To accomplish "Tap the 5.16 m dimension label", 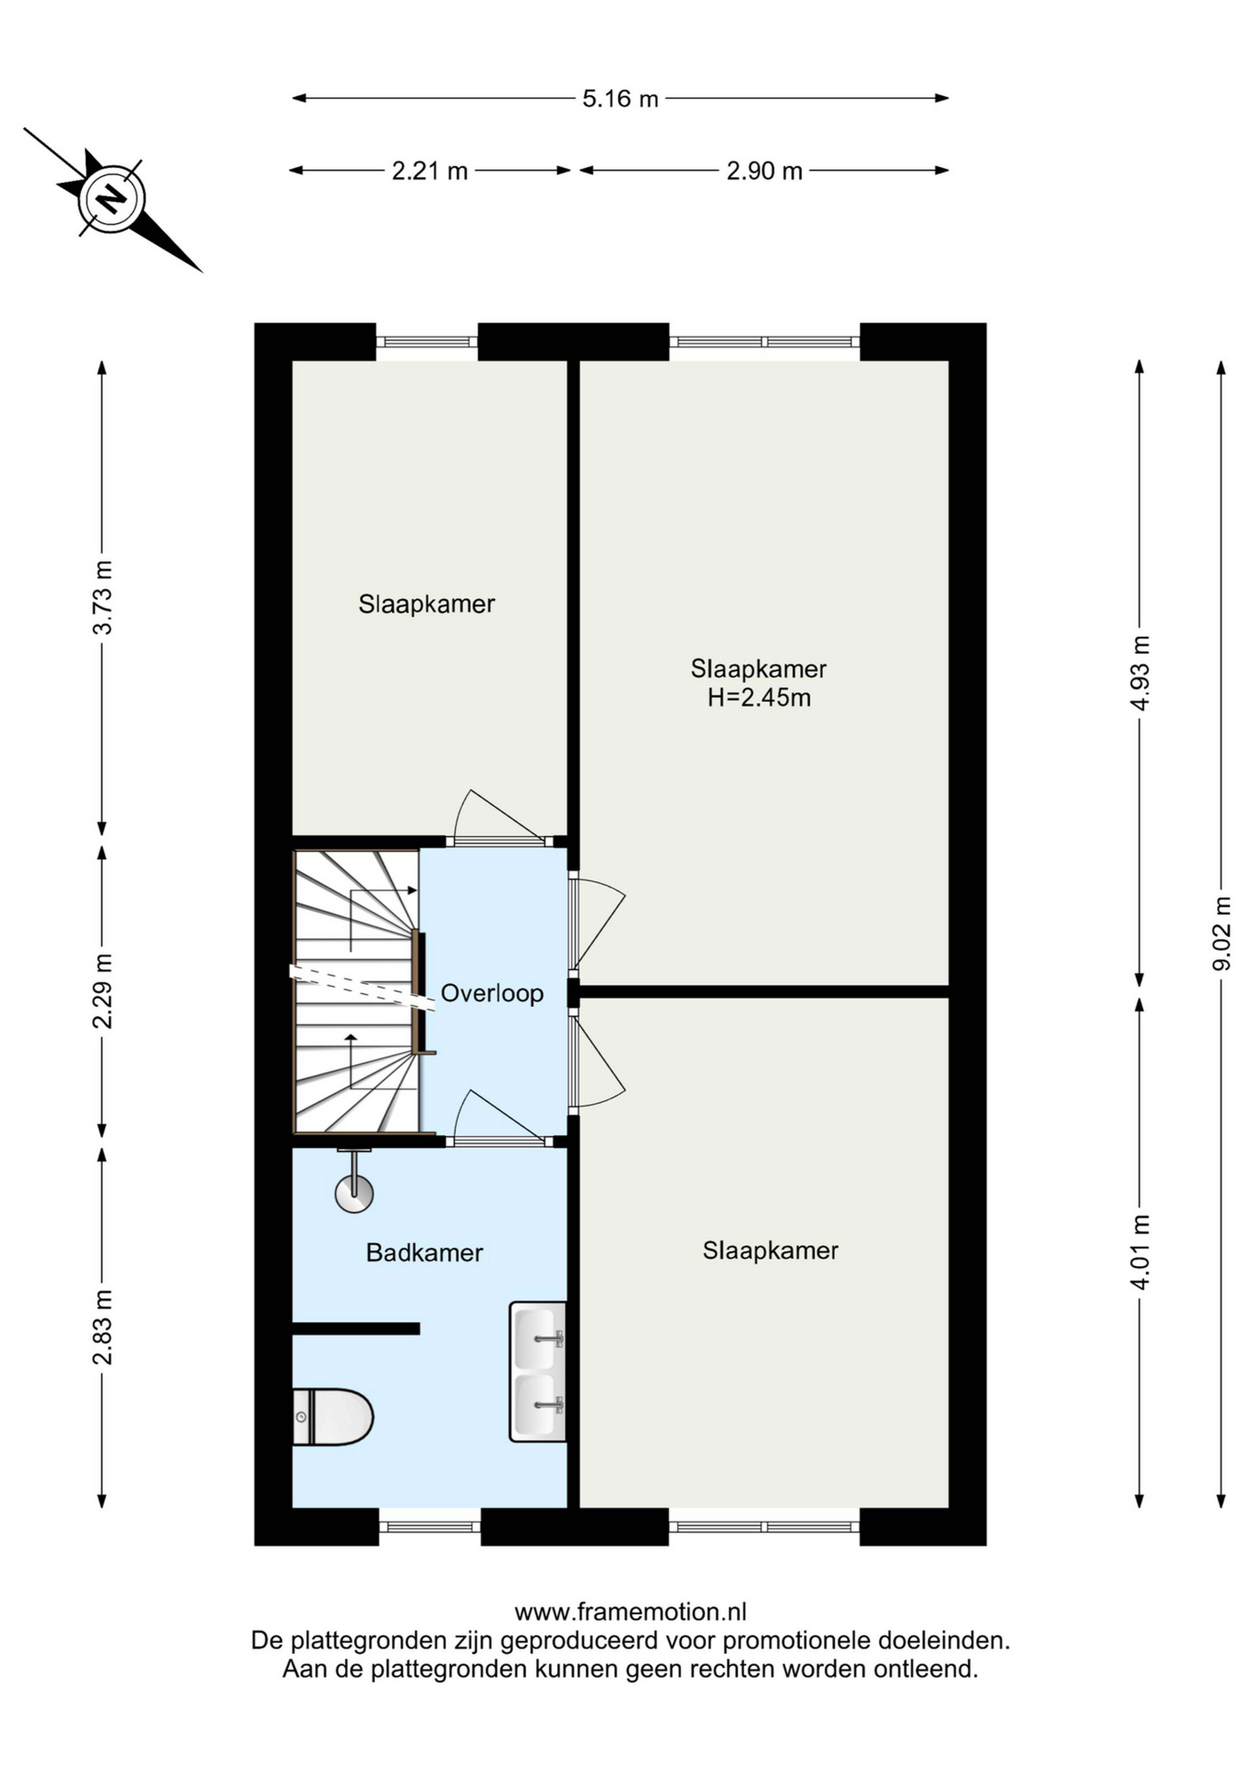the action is point(620,99).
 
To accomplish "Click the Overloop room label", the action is point(492,993).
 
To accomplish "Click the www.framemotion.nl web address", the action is point(630,1612).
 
